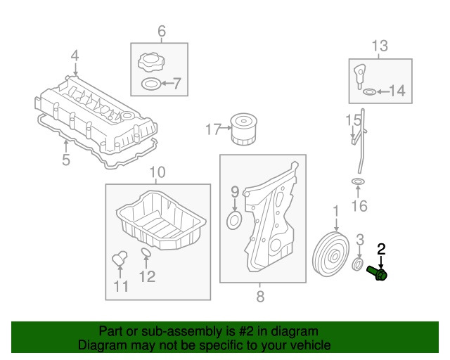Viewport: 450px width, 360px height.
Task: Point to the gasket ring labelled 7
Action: point(151,86)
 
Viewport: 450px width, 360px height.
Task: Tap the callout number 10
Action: point(157,172)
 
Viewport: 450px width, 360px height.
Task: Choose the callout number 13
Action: point(380,46)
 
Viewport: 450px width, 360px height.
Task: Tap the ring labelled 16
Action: point(358,184)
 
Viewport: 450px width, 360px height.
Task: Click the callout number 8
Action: point(260,297)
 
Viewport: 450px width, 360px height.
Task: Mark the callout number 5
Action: point(65,160)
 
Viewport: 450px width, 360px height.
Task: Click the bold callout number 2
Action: point(381,247)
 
